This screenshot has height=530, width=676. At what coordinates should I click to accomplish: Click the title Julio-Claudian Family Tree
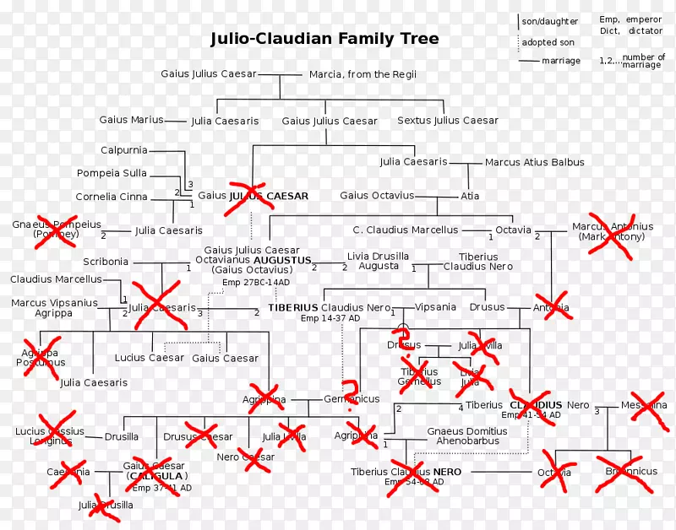tap(324, 39)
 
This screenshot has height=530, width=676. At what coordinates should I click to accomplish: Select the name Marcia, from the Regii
tap(363, 74)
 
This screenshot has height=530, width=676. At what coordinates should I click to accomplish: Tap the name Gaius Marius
tap(131, 120)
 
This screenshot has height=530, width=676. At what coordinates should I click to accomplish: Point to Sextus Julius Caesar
tap(447, 121)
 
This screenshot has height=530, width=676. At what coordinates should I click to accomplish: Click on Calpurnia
tap(123, 150)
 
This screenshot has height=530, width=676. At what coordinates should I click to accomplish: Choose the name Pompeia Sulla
tap(112, 173)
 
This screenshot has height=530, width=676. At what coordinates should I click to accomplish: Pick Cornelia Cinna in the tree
tap(112, 197)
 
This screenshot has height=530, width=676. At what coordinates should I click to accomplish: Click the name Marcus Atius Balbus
tap(534, 162)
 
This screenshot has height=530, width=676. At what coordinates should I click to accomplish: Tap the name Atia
tap(470, 196)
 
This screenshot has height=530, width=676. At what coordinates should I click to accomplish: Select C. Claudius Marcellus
tap(406, 230)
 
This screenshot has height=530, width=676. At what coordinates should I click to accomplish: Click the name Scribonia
tap(106, 262)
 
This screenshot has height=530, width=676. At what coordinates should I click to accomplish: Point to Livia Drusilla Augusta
tap(379, 261)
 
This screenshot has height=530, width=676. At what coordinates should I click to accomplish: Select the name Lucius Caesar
tap(149, 358)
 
